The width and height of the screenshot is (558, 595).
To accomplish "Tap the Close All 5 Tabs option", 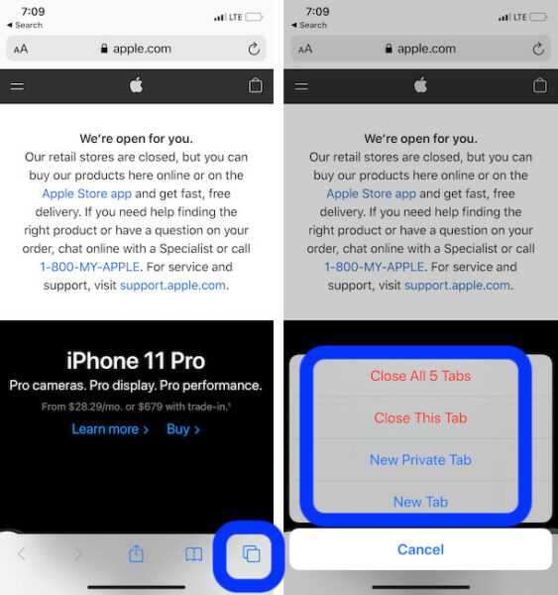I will coord(420,376).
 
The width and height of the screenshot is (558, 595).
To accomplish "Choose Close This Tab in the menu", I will coord(420,417).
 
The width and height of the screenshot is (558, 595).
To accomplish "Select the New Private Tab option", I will coord(420,460).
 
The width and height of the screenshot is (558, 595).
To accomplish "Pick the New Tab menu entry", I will coord(420,502).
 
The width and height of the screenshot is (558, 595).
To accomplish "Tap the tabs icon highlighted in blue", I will coord(252,554).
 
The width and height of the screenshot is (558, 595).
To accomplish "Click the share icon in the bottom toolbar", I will coord(137,554).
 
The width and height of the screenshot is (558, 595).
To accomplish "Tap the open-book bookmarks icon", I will coord(194,554).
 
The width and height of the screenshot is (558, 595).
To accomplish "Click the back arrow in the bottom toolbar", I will coord(22,554).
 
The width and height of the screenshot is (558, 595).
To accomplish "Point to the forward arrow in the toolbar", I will coord(79,554).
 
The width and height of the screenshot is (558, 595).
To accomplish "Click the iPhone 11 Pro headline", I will coord(136,360).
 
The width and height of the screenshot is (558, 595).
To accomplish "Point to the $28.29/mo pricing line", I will coord(136,406).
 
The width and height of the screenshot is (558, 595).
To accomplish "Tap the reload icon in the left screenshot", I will coord(255,49).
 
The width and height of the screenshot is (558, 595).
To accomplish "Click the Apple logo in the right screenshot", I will coord(420,85).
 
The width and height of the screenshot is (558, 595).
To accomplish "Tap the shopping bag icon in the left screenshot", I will coord(256,85).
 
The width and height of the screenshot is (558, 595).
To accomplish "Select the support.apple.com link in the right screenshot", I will coord(457,285).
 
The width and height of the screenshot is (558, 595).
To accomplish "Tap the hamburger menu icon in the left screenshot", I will coord(17,86).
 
